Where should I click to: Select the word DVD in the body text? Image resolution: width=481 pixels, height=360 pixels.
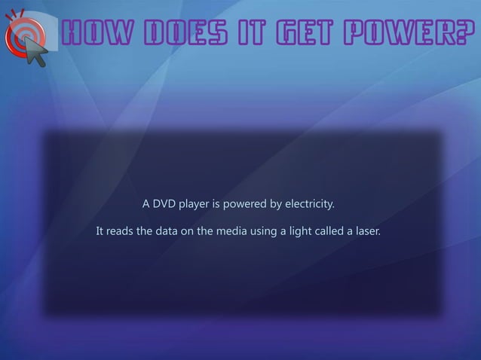point(164,204)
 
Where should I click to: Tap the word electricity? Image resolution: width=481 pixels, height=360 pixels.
point(311,204)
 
